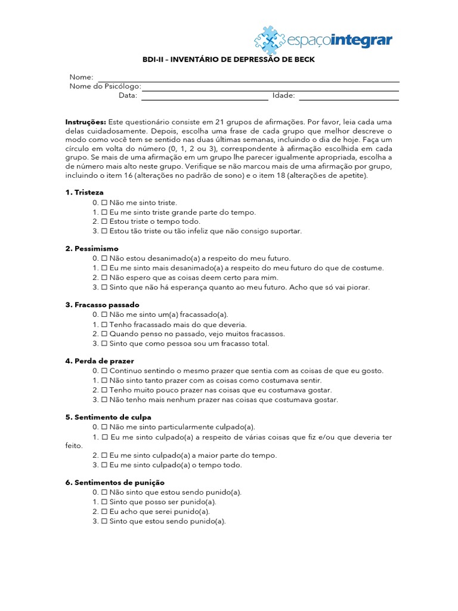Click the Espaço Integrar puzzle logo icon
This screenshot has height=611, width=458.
tap(274, 41)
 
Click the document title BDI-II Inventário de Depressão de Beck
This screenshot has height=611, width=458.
tap(228, 60)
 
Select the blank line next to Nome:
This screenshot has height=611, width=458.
tap(248, 81)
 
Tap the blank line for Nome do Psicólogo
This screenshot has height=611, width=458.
tap(270, 90)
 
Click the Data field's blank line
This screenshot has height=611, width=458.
tap(205, 98)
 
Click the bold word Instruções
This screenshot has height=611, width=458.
tap(86, 122)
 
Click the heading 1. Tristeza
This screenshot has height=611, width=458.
tap(84, 192)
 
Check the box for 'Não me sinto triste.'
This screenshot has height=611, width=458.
tap(104, 203)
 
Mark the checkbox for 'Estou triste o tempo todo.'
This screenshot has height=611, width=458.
tap(104, 221)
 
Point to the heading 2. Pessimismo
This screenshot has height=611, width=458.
tap(92, 248)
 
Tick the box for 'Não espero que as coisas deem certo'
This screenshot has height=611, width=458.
tap(104, 277)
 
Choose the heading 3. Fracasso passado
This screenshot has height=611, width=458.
tap(102, 304)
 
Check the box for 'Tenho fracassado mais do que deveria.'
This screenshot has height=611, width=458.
tap(104, 325)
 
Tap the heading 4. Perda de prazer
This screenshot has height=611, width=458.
tap(100, 361)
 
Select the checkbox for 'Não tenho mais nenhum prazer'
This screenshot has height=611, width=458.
tap(104, 400)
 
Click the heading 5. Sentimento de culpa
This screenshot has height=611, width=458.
tap(108, 417)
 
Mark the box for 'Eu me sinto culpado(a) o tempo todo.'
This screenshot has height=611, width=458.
tap(104, 465)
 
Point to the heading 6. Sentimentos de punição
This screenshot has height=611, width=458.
tap(114, 482)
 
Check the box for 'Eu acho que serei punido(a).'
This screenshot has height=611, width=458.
tap(104, 511)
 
